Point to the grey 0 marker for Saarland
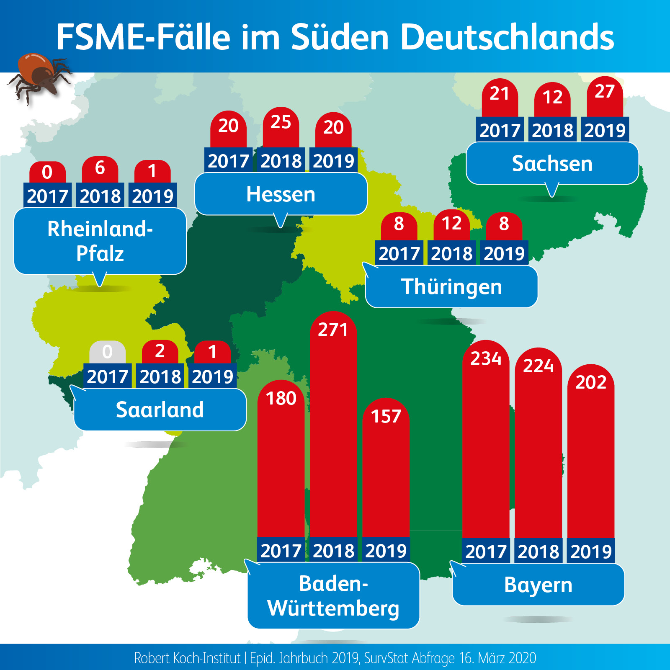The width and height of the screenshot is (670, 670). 107,352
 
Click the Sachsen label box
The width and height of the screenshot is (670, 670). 552,164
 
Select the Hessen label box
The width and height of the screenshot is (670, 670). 281,194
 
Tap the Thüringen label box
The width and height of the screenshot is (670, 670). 451,287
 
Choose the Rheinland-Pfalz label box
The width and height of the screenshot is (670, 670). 100,241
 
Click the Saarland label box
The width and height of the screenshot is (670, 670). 160,410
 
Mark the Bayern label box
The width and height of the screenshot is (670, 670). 538,585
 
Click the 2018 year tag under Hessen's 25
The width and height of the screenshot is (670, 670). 281,160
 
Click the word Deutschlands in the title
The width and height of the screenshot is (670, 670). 507,37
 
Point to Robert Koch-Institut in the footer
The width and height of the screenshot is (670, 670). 187,658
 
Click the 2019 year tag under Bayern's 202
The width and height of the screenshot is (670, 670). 591,551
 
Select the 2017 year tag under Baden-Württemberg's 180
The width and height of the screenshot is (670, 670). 281,550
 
